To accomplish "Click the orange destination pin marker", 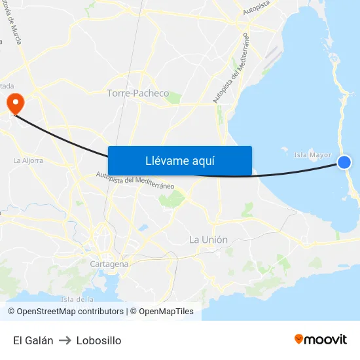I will pyautogui.click(x=14, y=103).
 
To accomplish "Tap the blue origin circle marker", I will pyautogui.click(x=344, y=162).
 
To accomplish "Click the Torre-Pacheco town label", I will pyautogui.click(x=137, y=94).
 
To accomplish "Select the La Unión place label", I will pyautogui.click(x=208, y=240).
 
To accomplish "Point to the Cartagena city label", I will pyautogui.click(x=109, y=264).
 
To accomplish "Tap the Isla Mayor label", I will pyautogui.click(x=313, y=155).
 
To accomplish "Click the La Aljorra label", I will pyautogui.click(x=28, y=160).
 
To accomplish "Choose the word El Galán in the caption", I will pyautogui.click(x=33, y=340).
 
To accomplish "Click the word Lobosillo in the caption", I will pyautogui.click(x=99, y=340).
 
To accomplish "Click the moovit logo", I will pyautogui.click(x=321, y=339).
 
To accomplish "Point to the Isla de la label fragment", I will pyautogui.click(x=78, y=299).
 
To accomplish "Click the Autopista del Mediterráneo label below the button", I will pyautogui.click(x=135, y=180).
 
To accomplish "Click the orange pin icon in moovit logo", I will pyautogui.click(x=299, y=339).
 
